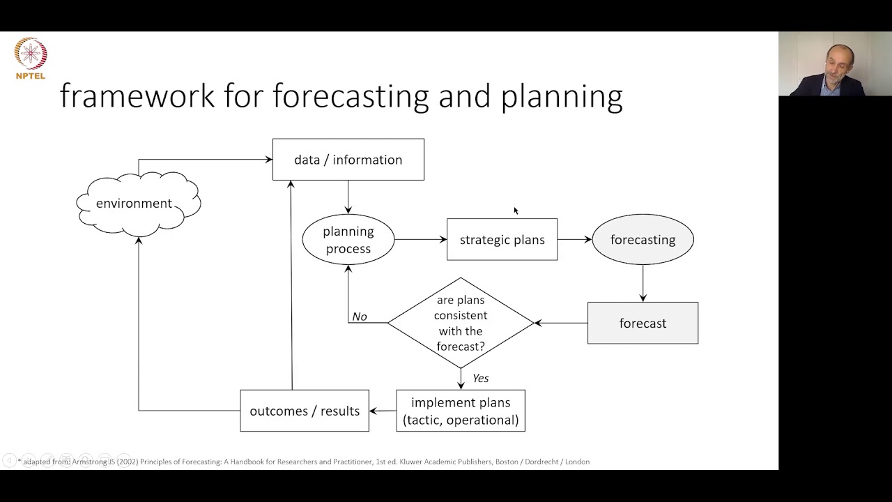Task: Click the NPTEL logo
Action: [x=31, y=58]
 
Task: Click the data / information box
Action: [x=348, y=160]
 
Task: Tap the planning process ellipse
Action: [x=348, y=239]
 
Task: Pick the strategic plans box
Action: [x=502, y=239]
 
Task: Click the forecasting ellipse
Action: [x=643, y=239]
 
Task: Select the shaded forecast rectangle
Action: [x=643, y=323]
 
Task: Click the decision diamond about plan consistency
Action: [x=461, y=323]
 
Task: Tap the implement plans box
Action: [x=461, y=411]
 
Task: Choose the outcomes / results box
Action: [x=305, y=411]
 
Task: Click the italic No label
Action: [x=359, y=317]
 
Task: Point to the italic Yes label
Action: [x=481, y=378]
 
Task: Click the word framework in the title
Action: [x=137, y=96]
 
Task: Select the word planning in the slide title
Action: [x=562, y=97]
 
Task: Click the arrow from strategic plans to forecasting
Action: [x=575, y=239]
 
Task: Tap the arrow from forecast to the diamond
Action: [x=561, y=323]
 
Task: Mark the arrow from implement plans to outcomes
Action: [x=383, y=411]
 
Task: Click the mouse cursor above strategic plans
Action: [x=516, y=211]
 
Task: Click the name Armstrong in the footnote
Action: [x=90, y=462]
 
